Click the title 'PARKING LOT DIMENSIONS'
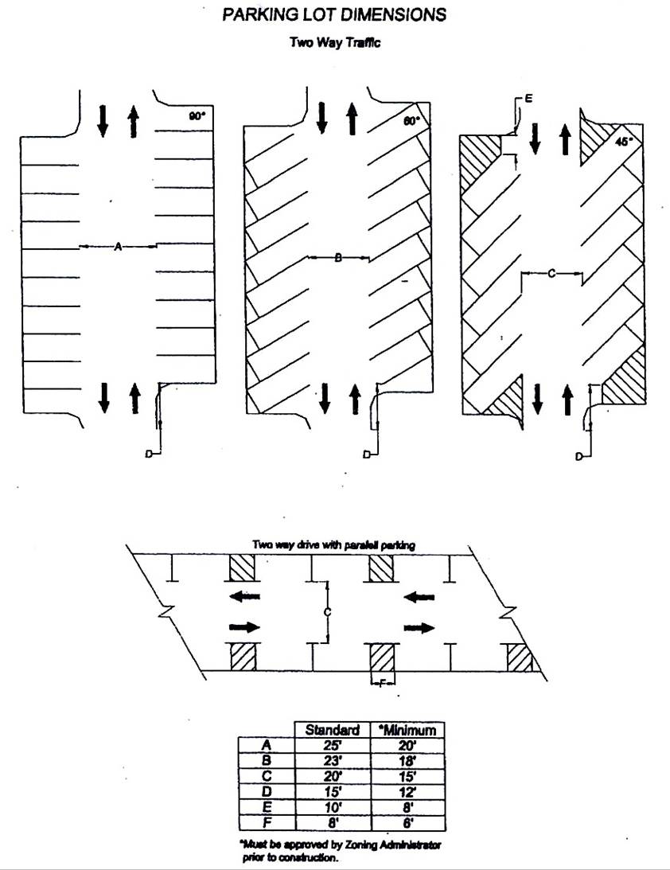tap(333, 15)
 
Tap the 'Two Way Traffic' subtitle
tap(334, 42)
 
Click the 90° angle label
tap(197, 116)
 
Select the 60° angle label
tap(411, 122)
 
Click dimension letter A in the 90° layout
tap(117, 248)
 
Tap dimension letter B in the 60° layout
tap(337, 258)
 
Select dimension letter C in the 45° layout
tap(551, 273)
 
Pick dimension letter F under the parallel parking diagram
tap(383, 682)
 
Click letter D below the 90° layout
tap(148, 454)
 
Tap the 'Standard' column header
tap(333, 730)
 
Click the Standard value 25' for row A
tap(333, 745)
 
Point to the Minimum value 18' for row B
tap(409, 760)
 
